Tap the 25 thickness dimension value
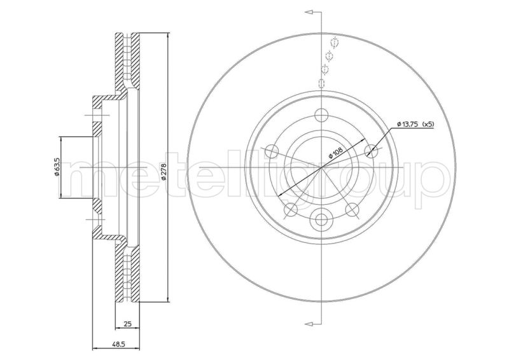[127, 324]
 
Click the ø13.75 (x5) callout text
[415, 124]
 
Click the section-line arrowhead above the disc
[310, 12]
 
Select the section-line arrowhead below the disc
[310, 320]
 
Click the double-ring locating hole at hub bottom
[322, 221]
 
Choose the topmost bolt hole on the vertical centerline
[322, 114]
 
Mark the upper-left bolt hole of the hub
[272, 151]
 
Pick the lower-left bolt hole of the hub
[291, 210]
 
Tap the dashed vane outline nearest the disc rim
[335, 43]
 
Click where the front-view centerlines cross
[322, 167]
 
